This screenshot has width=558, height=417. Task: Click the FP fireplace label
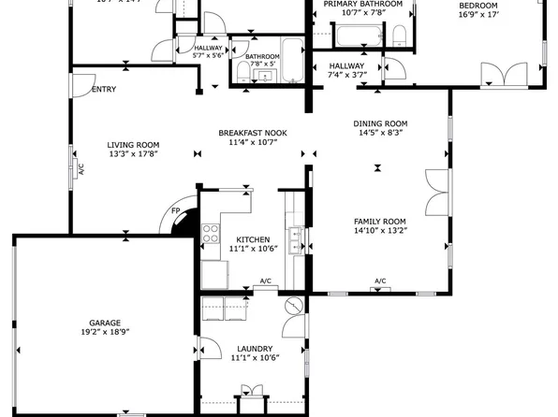point(175,212)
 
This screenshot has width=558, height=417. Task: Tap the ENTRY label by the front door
point(104,90)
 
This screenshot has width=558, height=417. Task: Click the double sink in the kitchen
point(295,240)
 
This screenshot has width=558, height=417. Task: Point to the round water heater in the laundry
point(291,305)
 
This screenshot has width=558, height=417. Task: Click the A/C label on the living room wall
point(81,170)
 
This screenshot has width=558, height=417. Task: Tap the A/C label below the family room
point(380,281)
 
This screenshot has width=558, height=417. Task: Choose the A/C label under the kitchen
point(266,281)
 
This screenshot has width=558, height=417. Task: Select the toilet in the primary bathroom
point(399,36)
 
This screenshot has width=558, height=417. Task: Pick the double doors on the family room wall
point(436,192)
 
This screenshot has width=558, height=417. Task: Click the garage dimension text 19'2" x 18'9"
point(104,332)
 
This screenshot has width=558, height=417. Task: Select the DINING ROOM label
point(380,123)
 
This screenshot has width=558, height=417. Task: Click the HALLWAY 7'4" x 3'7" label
point(347,70)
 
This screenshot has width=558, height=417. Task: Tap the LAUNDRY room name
point(254,349)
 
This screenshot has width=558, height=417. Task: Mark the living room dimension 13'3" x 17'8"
point(133,154)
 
